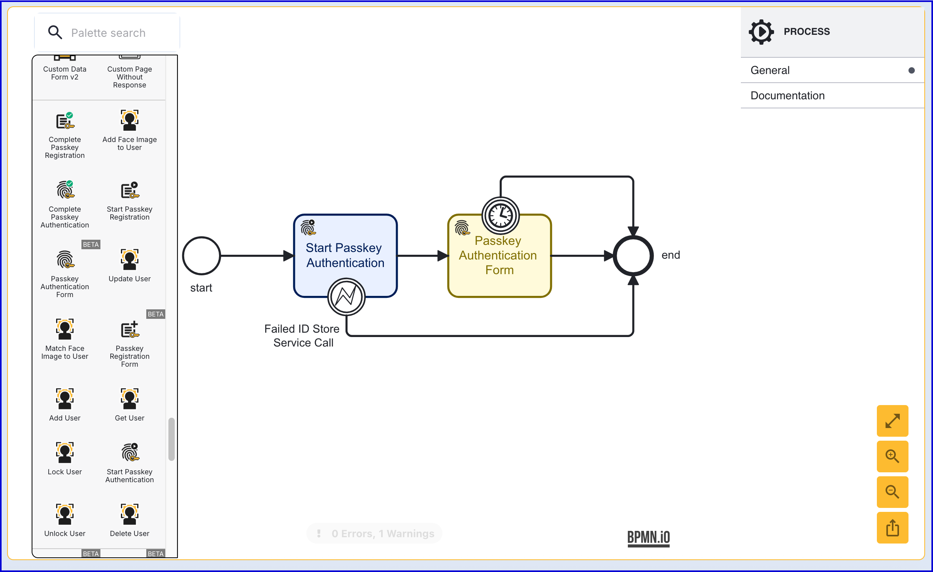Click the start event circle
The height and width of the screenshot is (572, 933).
(x=201, y=256)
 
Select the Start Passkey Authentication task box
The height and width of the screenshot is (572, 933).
(x=345, y=255)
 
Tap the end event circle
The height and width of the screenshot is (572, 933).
(x=633, y=256)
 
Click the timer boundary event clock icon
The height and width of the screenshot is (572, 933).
(x=500, y=216)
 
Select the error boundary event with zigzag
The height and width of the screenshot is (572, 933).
(x=346, y=297)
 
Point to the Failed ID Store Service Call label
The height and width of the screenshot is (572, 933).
(x=302, y=335)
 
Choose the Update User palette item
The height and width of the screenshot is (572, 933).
(x=130, y=265)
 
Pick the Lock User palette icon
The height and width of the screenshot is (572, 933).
(x=65, y=452)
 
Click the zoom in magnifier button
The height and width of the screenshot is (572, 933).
(x=892, y=456)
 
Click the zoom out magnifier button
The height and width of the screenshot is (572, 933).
(x=892, y=492)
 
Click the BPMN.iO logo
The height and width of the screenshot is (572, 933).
(x=648, y=538)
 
